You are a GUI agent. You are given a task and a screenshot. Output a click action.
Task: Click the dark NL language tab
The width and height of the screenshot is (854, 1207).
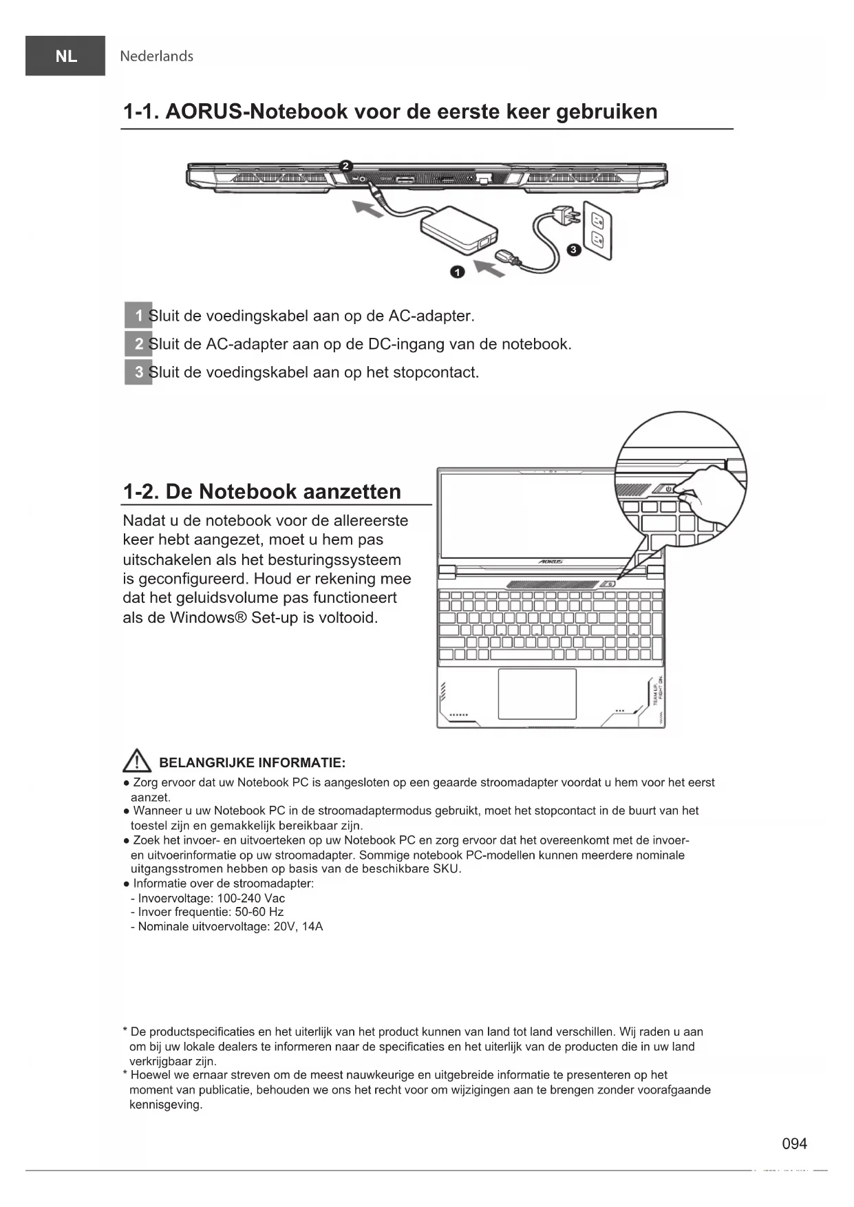pyautogui.click(x=65, y=56)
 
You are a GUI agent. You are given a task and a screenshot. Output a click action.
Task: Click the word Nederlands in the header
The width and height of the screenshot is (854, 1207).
pyautogui.click(x=156, y=56)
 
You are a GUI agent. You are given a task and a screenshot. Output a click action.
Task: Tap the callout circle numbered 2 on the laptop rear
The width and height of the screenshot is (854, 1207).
pyautogui.click(x=346, y=166)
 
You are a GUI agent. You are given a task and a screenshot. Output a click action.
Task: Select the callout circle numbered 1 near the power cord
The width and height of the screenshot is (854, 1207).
pyautogui.click(x=458, y=272)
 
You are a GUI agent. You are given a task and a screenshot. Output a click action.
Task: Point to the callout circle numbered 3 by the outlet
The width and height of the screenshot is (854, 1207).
pyautogui.click(x=573, y=250)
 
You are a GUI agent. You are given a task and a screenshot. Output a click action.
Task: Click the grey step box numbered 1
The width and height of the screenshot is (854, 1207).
pyautogui.click(x=138, y=316)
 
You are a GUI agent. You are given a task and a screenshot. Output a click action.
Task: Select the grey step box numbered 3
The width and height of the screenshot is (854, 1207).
pyautogui.click(x=138, y=372)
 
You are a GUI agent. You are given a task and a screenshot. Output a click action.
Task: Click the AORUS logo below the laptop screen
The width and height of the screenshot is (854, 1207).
pyautogui.click(x=551, y=562)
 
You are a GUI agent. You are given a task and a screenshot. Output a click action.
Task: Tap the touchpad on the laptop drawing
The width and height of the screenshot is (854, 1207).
pyautogui.click(x=537, y=693)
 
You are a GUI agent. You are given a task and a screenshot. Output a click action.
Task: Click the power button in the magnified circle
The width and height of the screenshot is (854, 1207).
pyautogui.click(x=668, y=489)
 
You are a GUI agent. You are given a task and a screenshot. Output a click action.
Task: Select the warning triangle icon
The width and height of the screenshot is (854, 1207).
pyautogui.click(x=137, y=760)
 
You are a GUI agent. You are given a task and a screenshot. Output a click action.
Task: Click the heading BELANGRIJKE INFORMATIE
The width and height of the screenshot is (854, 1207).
pyautogui.click(x=252, y=762)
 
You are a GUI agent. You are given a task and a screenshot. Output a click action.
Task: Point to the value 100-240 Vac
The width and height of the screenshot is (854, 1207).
pyautogui.click(x=250, y=898)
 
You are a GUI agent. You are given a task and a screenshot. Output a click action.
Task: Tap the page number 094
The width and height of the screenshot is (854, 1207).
pyautogui.click(x=794, y=1144)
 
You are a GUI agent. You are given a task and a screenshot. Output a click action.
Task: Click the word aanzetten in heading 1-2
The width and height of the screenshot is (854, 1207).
pyautogui.click(x=352, y=491)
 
